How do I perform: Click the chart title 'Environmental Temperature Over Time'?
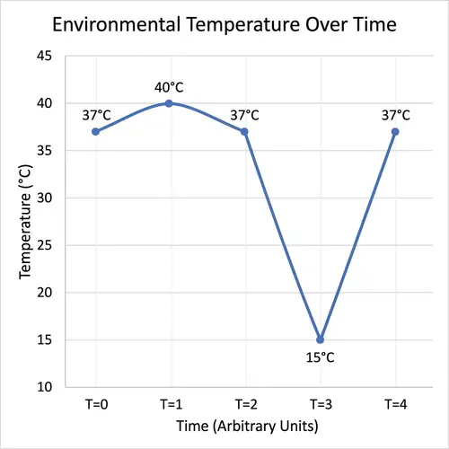pos(224,24)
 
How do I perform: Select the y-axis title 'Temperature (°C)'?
pos(26,221)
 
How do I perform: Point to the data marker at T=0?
pos(94,131)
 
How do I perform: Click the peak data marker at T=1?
pos(169,103)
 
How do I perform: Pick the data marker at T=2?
pos(244,131)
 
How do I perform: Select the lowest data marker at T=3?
pos(320,339)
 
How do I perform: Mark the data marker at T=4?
pos(395,131)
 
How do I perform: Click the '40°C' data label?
pos(169,87)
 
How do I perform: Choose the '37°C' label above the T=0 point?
pos(94,115)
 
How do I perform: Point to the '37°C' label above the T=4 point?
pos(395,115)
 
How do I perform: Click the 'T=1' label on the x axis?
pos(169,403)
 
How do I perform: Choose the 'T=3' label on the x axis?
pos(320,403)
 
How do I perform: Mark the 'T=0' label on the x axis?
pos(94,403)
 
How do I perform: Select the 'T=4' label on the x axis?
pos(395,403)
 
